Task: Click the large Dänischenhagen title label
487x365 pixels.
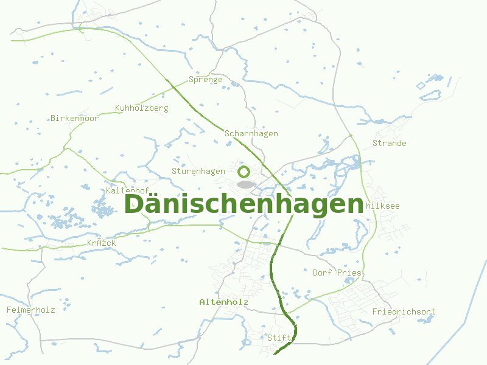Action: [x=243, y=204]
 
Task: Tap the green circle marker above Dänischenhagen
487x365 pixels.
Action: [x=244, y=172]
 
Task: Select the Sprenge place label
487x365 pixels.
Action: [x=205, y=80]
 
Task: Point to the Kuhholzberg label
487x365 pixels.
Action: [x=141, y=108]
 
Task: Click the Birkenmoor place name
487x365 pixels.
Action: [x=74, y=119]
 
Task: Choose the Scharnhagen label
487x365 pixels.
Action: [x=251, y=134]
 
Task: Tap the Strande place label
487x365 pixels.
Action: [x=389, y=144]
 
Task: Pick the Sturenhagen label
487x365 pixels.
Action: [x=198, y=172]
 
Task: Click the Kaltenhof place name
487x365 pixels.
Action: [x=127, y=191]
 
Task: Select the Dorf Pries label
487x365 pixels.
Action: [x=337, y=273]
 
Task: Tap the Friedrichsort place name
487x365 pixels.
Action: [x=404, y=312]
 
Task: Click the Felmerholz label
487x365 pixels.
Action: [x=30, y=310]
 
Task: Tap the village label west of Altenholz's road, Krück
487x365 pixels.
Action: [x=101, y=243]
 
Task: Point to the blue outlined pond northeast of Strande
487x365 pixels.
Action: [x=422, y=85]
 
